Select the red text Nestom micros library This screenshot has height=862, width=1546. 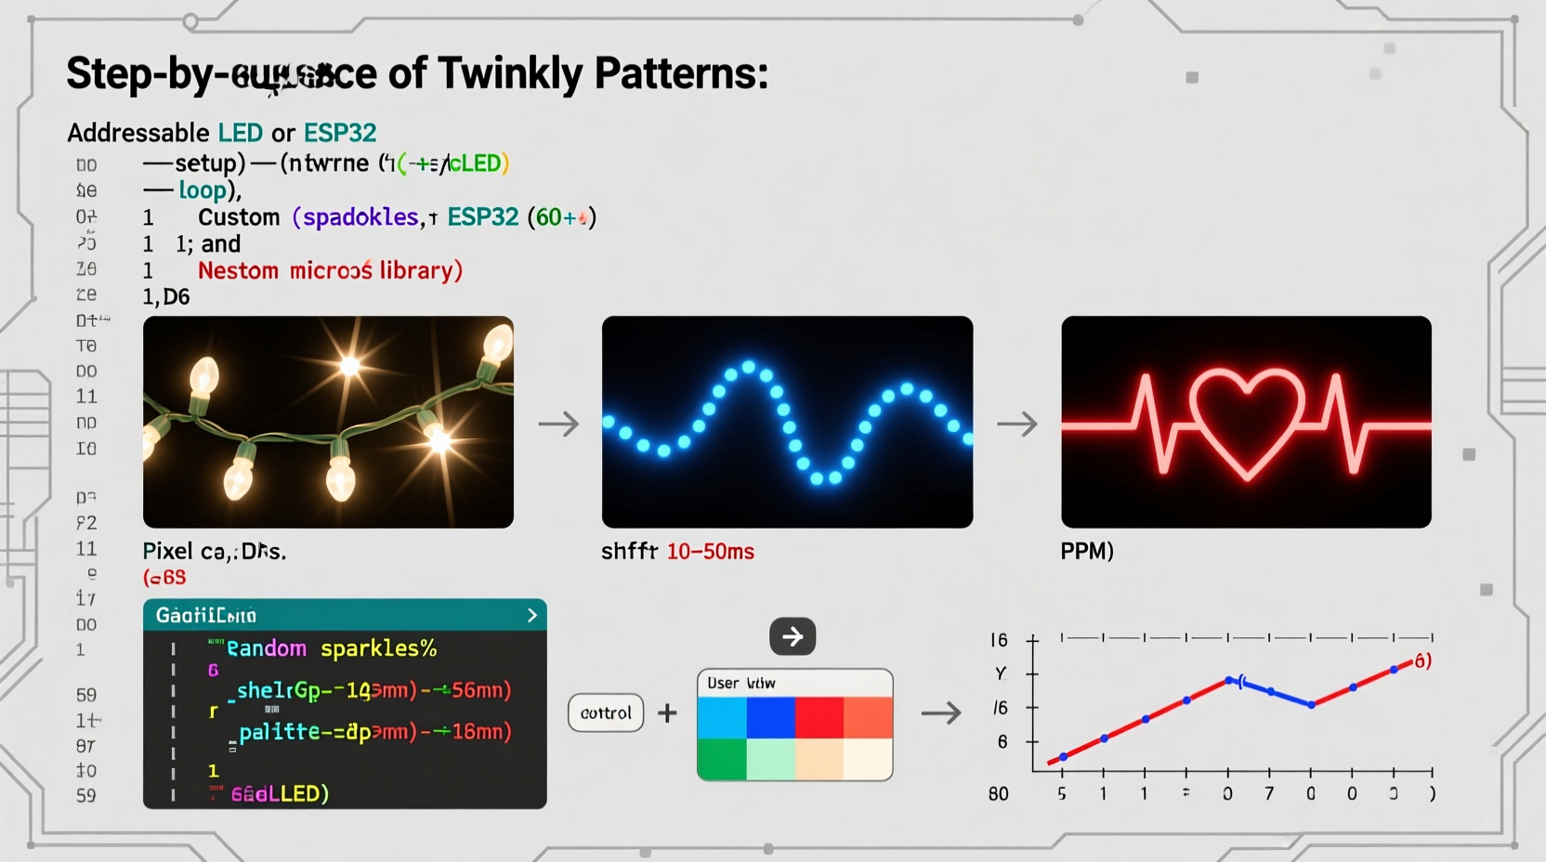[330, 271]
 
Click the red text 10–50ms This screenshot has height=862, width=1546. [711, 552]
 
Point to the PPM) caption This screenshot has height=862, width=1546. [1086, 551]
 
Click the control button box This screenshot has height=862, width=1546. [606, 713]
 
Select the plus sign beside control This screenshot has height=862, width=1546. [667, 713]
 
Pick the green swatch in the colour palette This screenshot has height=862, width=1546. [722, 759]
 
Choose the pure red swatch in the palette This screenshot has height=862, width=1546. [819, 718]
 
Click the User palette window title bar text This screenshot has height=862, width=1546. [740, 684]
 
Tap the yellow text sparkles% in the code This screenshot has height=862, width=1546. [378, 648]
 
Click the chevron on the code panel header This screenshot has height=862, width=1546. [531, 615]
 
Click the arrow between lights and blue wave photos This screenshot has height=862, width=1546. [558, 424]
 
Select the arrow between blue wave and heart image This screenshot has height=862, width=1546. [1017, 424]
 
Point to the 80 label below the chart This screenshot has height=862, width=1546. [998, 794]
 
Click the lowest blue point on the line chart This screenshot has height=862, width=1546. [1064, 757]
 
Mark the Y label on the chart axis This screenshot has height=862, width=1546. [1001, 673]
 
